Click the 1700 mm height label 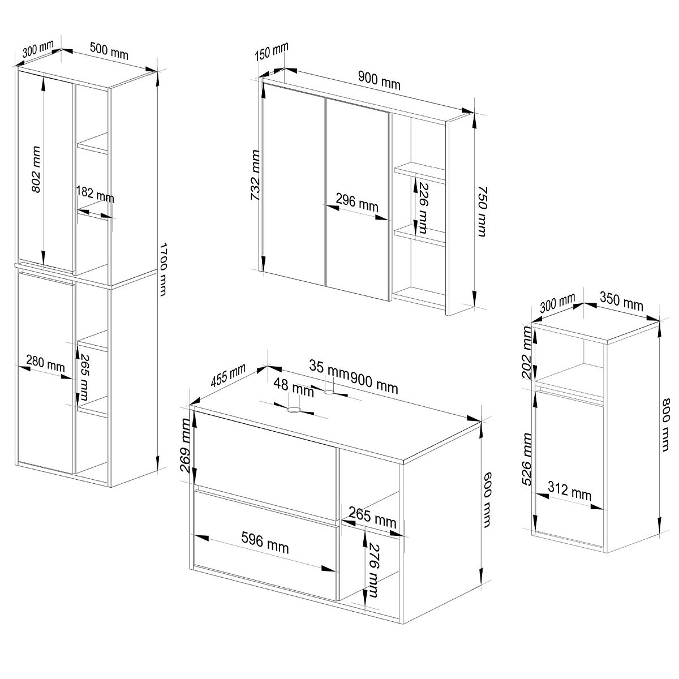[162, 269]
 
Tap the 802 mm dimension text [36, 170]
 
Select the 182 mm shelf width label [95, 195]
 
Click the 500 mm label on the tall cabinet [109, 51]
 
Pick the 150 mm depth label [272, 51]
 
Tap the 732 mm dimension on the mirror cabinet [255, 175]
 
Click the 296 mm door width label [357, 203]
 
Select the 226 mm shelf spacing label [422, 208]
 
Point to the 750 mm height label [482, 212]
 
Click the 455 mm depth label [228, 376]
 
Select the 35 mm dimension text [329, 368]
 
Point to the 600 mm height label [486, 500]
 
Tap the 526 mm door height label [526, 459]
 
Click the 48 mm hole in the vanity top [293, 410]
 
